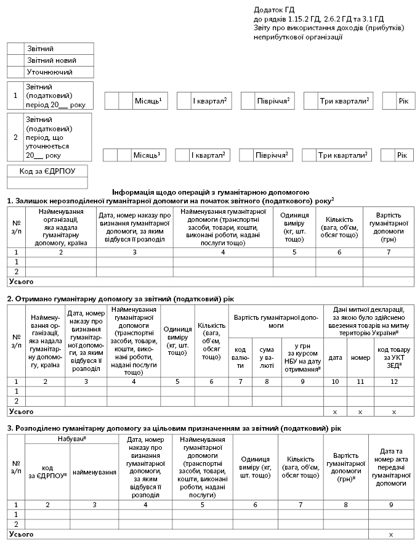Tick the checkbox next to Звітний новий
tap(16, 60)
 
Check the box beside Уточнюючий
tap(16, 72)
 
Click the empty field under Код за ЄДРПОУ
tap(47, 182)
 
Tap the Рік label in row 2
tap(402, 155)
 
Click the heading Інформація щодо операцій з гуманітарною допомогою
tap(211, 192)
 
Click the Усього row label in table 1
tap(21, 281)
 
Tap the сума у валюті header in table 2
tap(267, 357)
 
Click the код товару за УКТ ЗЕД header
tap(394, 357)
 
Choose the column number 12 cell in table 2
tap(394, 381)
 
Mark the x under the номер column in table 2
tap(361, 411)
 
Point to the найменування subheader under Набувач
tap(94, 472)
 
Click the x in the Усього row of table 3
tap(391, 534)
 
